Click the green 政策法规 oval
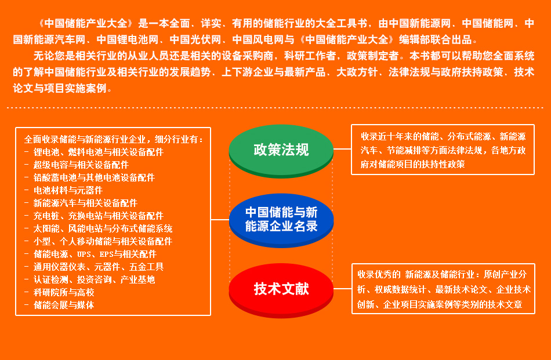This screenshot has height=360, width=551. [281, 151]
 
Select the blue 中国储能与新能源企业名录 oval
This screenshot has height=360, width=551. [281, 220]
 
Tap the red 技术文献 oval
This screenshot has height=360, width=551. [281, 290]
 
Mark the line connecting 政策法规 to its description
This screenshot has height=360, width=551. [342, 149]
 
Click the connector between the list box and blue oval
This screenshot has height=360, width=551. [220, 220]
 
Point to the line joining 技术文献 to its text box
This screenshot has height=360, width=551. [343, 289]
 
